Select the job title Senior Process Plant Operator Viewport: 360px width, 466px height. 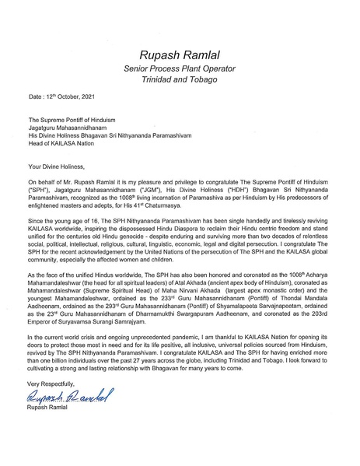click(180, 69)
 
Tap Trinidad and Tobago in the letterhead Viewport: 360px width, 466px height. click(180, 82)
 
